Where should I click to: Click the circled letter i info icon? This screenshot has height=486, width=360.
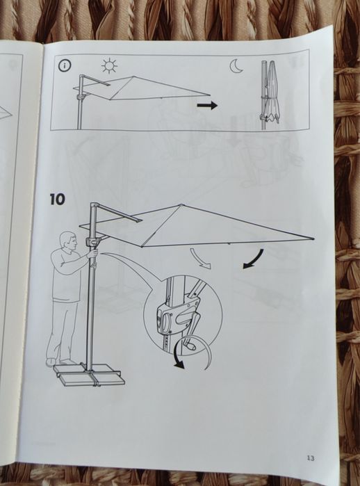tap(65, 65)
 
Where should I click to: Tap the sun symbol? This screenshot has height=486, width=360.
tap(109, 66)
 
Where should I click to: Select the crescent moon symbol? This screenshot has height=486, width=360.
tap(236, 66)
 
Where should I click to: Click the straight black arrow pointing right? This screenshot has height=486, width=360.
tap(207, 106)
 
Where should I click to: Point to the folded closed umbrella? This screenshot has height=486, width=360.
tap(272, 92)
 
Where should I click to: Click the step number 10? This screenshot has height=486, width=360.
tap(57, 199)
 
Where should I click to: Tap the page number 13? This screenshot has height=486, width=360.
tap(311, 457)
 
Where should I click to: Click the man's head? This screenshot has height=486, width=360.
tap(69, 241)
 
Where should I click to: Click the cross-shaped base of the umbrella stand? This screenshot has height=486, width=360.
tap(90, 375)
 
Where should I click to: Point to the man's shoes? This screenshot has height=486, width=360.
tap(60, 362)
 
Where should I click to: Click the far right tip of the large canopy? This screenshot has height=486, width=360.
tap(313, 238)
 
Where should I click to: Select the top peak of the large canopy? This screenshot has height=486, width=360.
tap(181, 205)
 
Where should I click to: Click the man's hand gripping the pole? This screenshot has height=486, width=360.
tap(94, 254)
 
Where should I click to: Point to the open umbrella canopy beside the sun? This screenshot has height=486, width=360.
tap(142, 88)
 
